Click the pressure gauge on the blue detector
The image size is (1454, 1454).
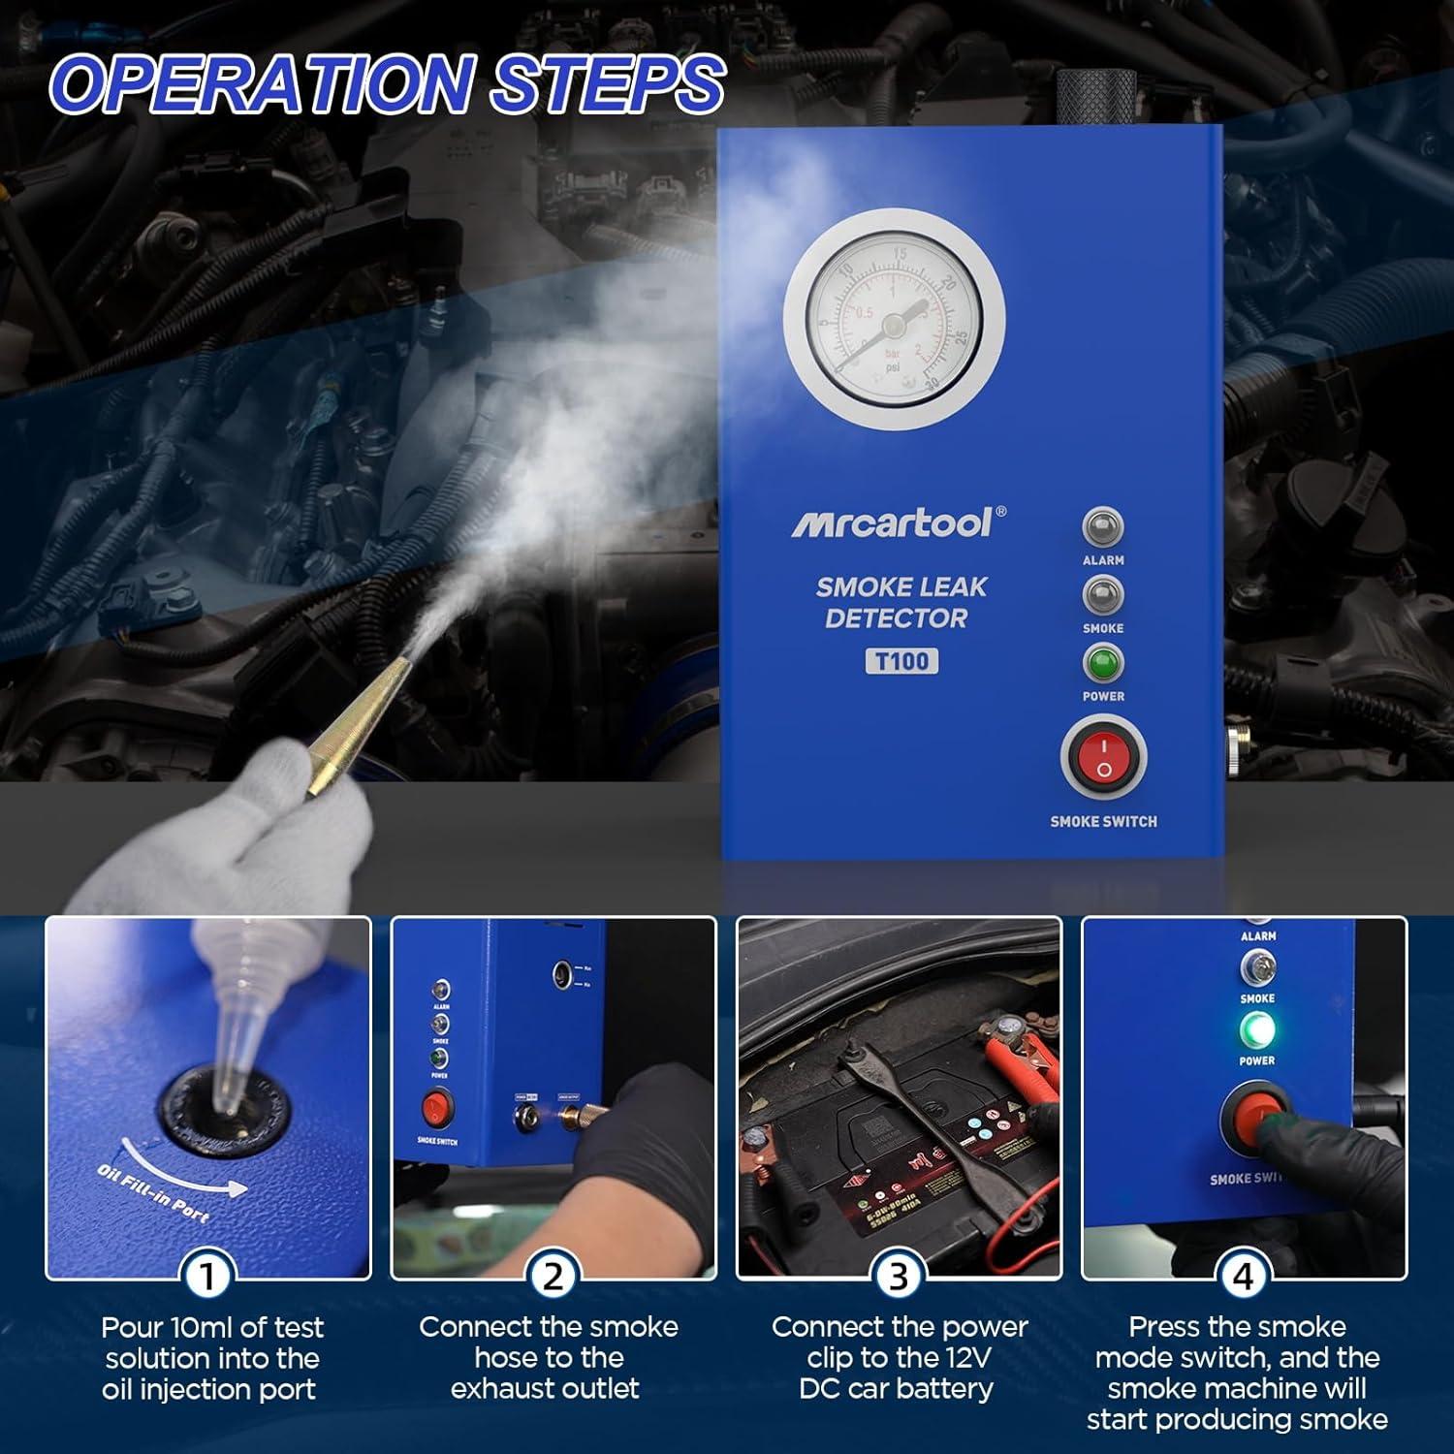[x=894, y=319]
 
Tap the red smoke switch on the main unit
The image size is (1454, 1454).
[x=1103, y=757]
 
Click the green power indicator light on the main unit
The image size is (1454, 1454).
[x=1103, y=664]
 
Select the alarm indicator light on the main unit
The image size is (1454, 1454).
[x=1103, y=527]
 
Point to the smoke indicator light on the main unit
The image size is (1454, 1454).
[x=1103, y=595]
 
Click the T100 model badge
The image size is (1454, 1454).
[x=901, y=661]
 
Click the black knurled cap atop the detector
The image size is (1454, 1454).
[x=1095, y=97]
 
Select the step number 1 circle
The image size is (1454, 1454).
[x=207, y=1277]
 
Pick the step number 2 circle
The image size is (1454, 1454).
[x=553, y=1277]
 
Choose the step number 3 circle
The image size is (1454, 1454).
[x=899, y=1277]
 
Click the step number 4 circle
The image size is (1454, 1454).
[x=1244, y=1277]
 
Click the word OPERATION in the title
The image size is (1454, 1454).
[x=262, y=84]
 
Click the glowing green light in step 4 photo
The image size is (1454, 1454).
[x=1257, y=1029]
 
